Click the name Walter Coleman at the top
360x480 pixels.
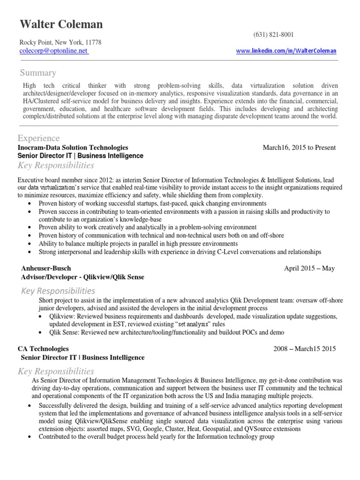[x=61, y=24]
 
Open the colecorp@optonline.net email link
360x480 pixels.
[x=53, y=51]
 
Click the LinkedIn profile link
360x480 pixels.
[x=286, y=51]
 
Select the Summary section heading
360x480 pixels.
[x=38, y=73]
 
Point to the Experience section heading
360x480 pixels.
[x=38, y=138]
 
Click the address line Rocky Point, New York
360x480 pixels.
[x=60, y=42]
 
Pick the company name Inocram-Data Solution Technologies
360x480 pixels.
[x=73, y=147]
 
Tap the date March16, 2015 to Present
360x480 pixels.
[x=299, y=147]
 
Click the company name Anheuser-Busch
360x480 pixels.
[x=46, y=268]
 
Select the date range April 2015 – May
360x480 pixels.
[x=309, y=268]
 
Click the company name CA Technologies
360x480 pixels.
[x=43, y=349]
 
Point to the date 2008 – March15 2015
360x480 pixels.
[x=305, y=349]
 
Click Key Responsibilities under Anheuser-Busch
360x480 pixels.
[x=58, y=291]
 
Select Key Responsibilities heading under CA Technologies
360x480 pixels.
[x=56, y=371]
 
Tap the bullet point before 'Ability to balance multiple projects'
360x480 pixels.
[x=30, y=244]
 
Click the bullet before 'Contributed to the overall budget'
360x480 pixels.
[x=30, y=437]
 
